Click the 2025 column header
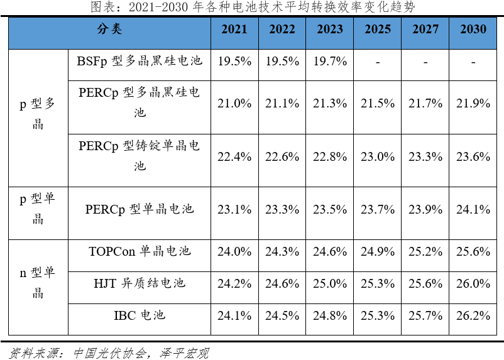click(378, 30)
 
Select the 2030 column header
click(473, 30)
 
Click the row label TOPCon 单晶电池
click(140, 251)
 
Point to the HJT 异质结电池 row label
click(140, 283)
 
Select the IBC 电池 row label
click(140, 315)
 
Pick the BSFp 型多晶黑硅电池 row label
click(140, 62)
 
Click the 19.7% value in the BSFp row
click(330, 62)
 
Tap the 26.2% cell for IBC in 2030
click(473, 315)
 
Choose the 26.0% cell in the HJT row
click(473, 283)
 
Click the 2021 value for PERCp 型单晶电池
click(234, 210)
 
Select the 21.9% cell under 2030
click(473, 104)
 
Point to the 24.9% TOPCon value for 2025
click(378, 252)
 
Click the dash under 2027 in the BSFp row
click(425, 62)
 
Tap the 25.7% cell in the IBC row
click(425, 315)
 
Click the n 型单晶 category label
click(38, 283)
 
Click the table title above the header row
click(253, 8)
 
